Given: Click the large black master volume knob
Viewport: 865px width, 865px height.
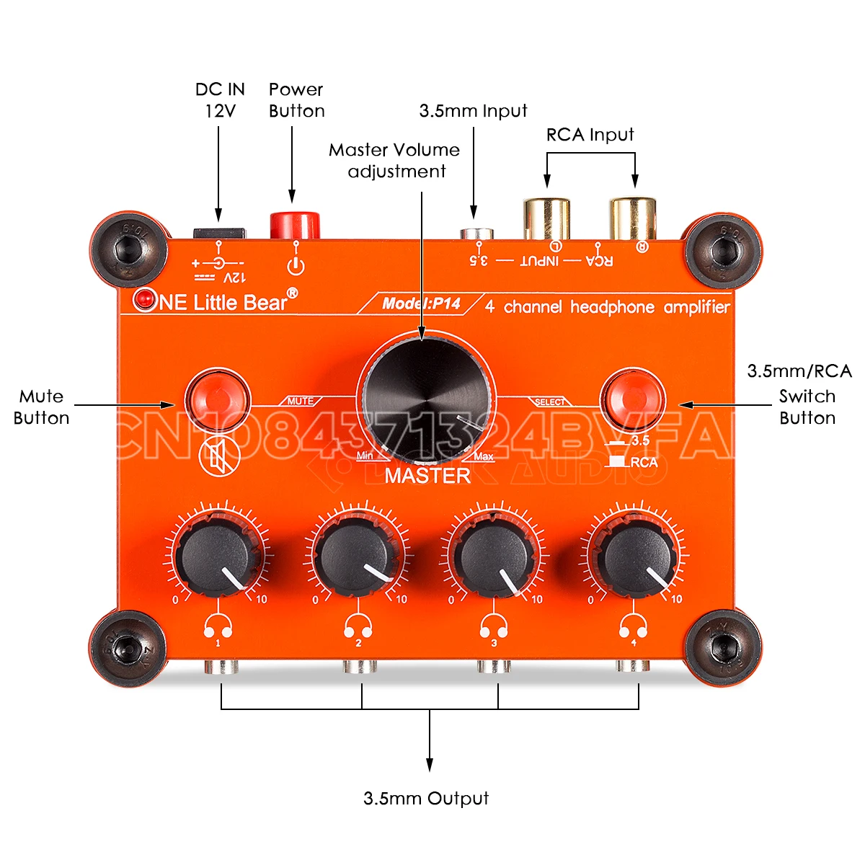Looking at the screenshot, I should point(428,396).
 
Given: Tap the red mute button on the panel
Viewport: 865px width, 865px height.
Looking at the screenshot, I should point(217,397).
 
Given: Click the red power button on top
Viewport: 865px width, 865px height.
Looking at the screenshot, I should point(294,224).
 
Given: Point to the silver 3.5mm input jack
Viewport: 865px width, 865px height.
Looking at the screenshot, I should point(476,234).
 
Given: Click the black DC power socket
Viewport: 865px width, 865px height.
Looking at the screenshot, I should point(218,232).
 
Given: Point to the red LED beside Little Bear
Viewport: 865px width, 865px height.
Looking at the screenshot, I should point(146,298).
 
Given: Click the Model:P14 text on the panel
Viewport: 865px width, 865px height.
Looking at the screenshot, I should point(421,303).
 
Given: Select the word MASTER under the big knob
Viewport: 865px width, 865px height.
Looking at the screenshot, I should point(427,476).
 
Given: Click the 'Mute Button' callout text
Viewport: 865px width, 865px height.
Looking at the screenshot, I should point(41,407).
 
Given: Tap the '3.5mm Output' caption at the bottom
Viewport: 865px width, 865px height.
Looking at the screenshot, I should point(426,798).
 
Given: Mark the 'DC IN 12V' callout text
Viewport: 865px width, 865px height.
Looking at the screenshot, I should point(220,99).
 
